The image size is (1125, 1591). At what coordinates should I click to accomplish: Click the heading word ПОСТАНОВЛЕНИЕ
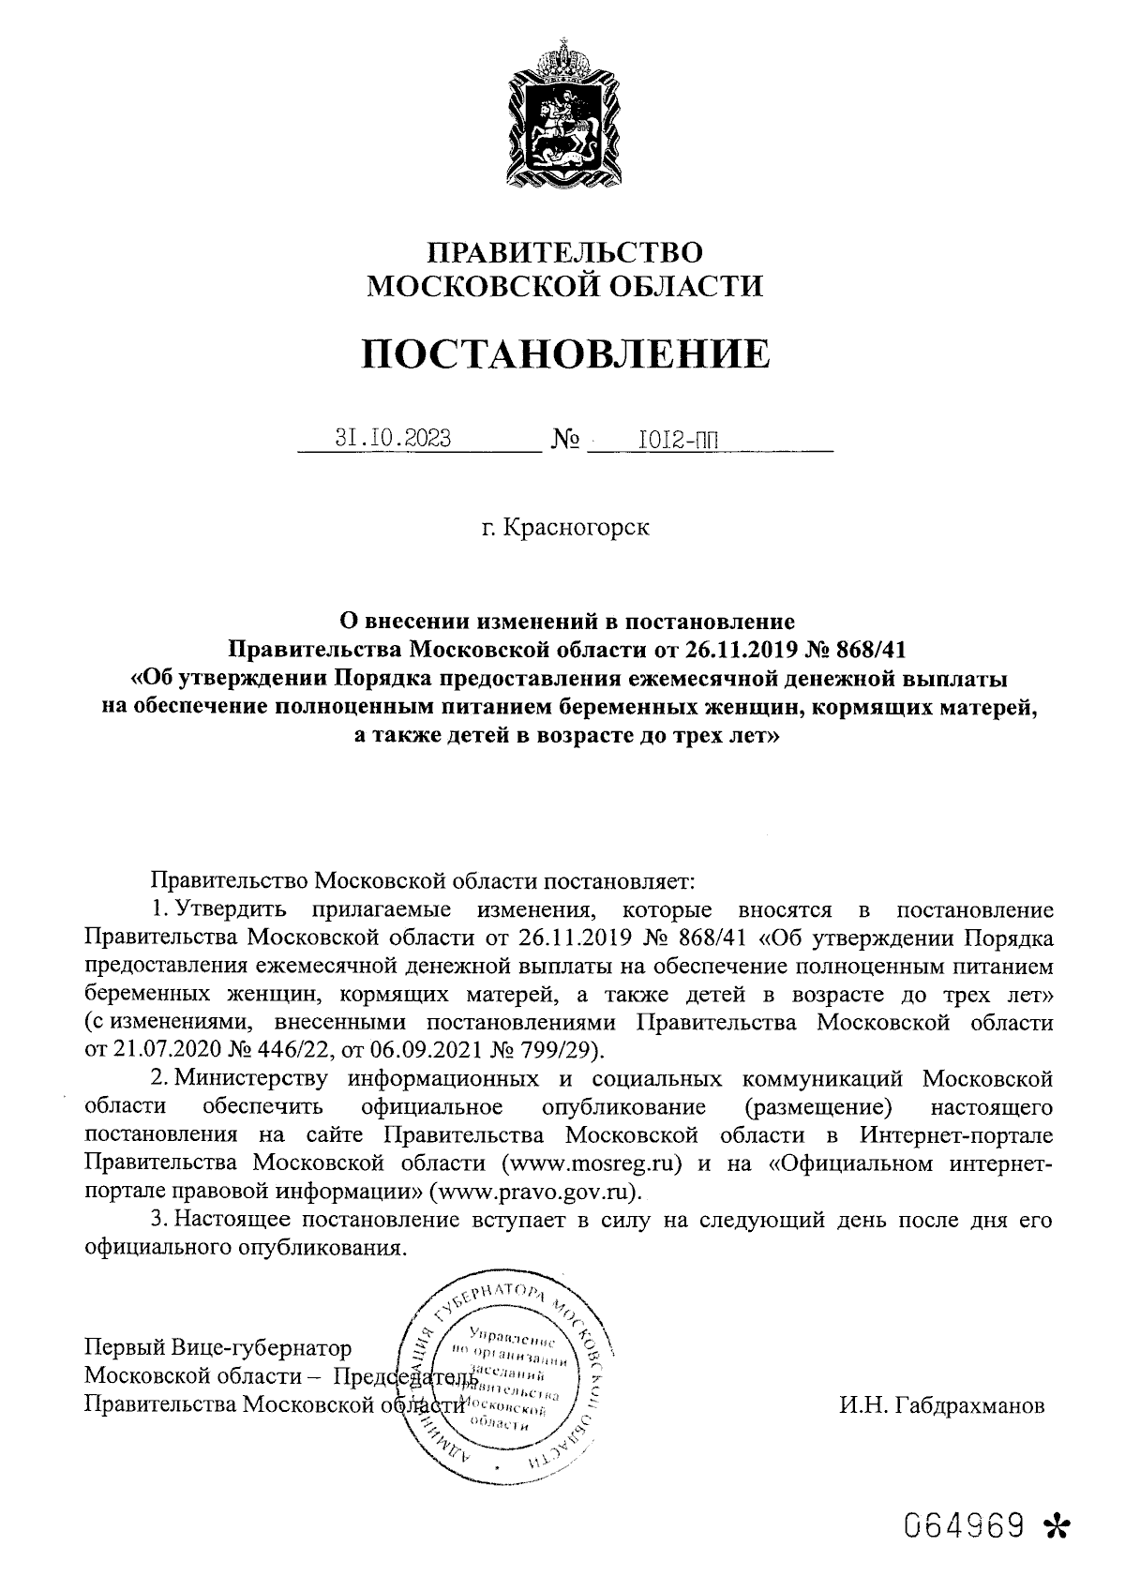point(565,354)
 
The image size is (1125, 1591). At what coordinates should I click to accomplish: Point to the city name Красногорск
point(576,528)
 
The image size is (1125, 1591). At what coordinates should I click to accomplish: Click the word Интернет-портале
point(956,1135)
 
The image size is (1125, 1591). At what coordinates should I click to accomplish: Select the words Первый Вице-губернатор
point(217,1348)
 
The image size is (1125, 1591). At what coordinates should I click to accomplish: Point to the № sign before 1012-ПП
point(563,439)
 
